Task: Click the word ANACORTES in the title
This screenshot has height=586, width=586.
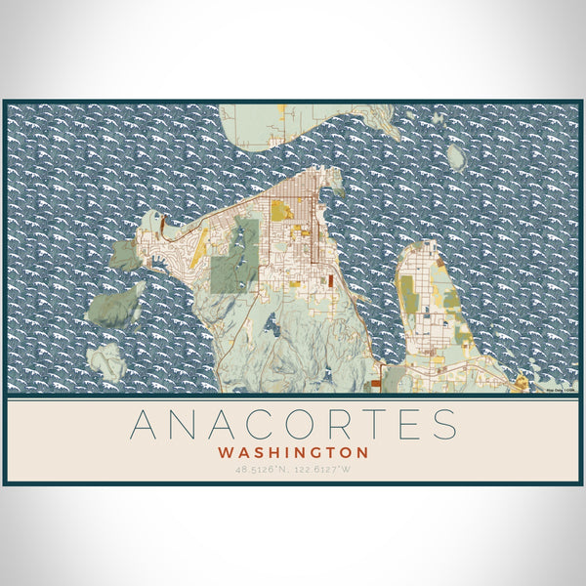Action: pyautogui.click(x=293, y=425)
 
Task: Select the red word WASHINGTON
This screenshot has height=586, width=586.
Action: pyautogui.click(x=293, y=453)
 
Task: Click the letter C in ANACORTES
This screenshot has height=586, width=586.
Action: pyautogui.click(x=262, y=425)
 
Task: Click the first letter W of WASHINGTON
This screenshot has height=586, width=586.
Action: pyautogui.click(x=227, y=453)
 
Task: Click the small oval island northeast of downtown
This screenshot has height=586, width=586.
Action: pyautogui.click(x=455, y=156)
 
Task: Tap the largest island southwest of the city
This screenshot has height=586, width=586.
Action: pyautogui.click(x=115, y=305)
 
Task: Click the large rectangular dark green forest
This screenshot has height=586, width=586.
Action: pyautogui.click(x=236, y=257)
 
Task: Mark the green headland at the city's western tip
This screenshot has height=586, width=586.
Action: pyautogui.click(x=125, y=256)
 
